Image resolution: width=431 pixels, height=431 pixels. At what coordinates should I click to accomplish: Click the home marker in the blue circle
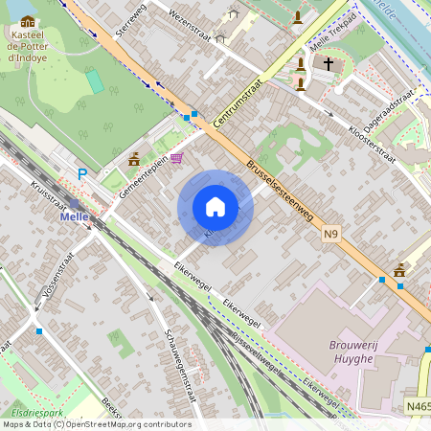point(215,208)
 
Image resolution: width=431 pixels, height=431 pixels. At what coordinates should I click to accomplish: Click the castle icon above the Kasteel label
point(27,20)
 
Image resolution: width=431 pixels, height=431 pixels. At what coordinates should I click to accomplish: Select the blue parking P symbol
point(82,174)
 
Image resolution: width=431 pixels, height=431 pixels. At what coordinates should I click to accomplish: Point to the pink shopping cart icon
point(176,159)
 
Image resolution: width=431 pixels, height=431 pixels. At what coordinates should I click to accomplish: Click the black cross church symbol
point(329,64)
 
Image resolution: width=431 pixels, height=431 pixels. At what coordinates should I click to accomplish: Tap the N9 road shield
point(331,234)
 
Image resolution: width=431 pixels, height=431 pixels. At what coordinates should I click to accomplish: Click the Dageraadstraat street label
point(390,101)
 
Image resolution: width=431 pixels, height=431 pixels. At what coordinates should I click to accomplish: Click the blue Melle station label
point(74,216)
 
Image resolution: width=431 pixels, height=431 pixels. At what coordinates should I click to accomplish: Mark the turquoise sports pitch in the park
point(96,81)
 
